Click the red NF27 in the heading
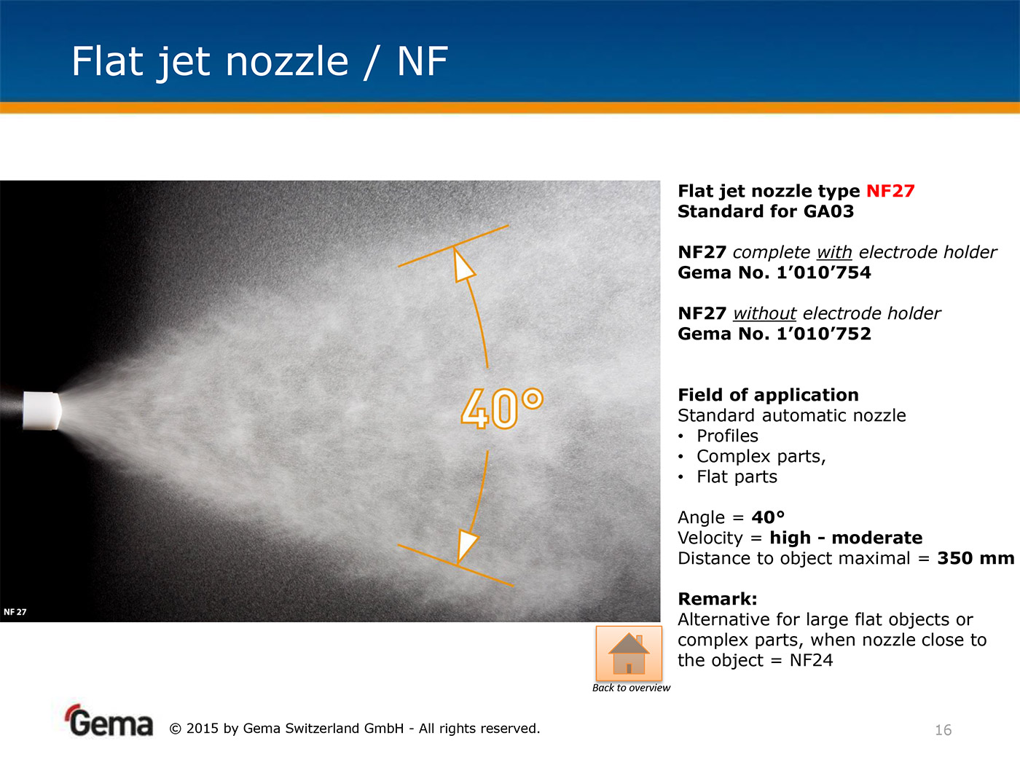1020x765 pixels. coord(890,191)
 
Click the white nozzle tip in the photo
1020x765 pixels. coord(42,411)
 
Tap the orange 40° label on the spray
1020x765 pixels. coord(502,408)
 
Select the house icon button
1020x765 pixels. coord(629,653)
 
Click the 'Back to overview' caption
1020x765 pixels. coord(631,688)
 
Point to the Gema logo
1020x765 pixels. coord(109,721)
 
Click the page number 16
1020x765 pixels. coord(943,730)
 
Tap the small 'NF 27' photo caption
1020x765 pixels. coord(15,612)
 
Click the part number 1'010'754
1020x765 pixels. coord(823,272)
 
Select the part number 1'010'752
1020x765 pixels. coord(823,334)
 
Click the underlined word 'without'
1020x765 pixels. coord(764,313)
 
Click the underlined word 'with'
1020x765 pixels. coord(834,252)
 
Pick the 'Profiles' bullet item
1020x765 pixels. coord(727,436)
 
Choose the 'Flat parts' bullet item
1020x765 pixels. coord(737,477)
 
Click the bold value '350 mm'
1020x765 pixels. coord(976,558)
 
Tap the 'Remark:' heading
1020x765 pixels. coord(718,599)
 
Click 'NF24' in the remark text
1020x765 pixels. coord(811,660)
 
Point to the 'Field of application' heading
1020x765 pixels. coord(768,396)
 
